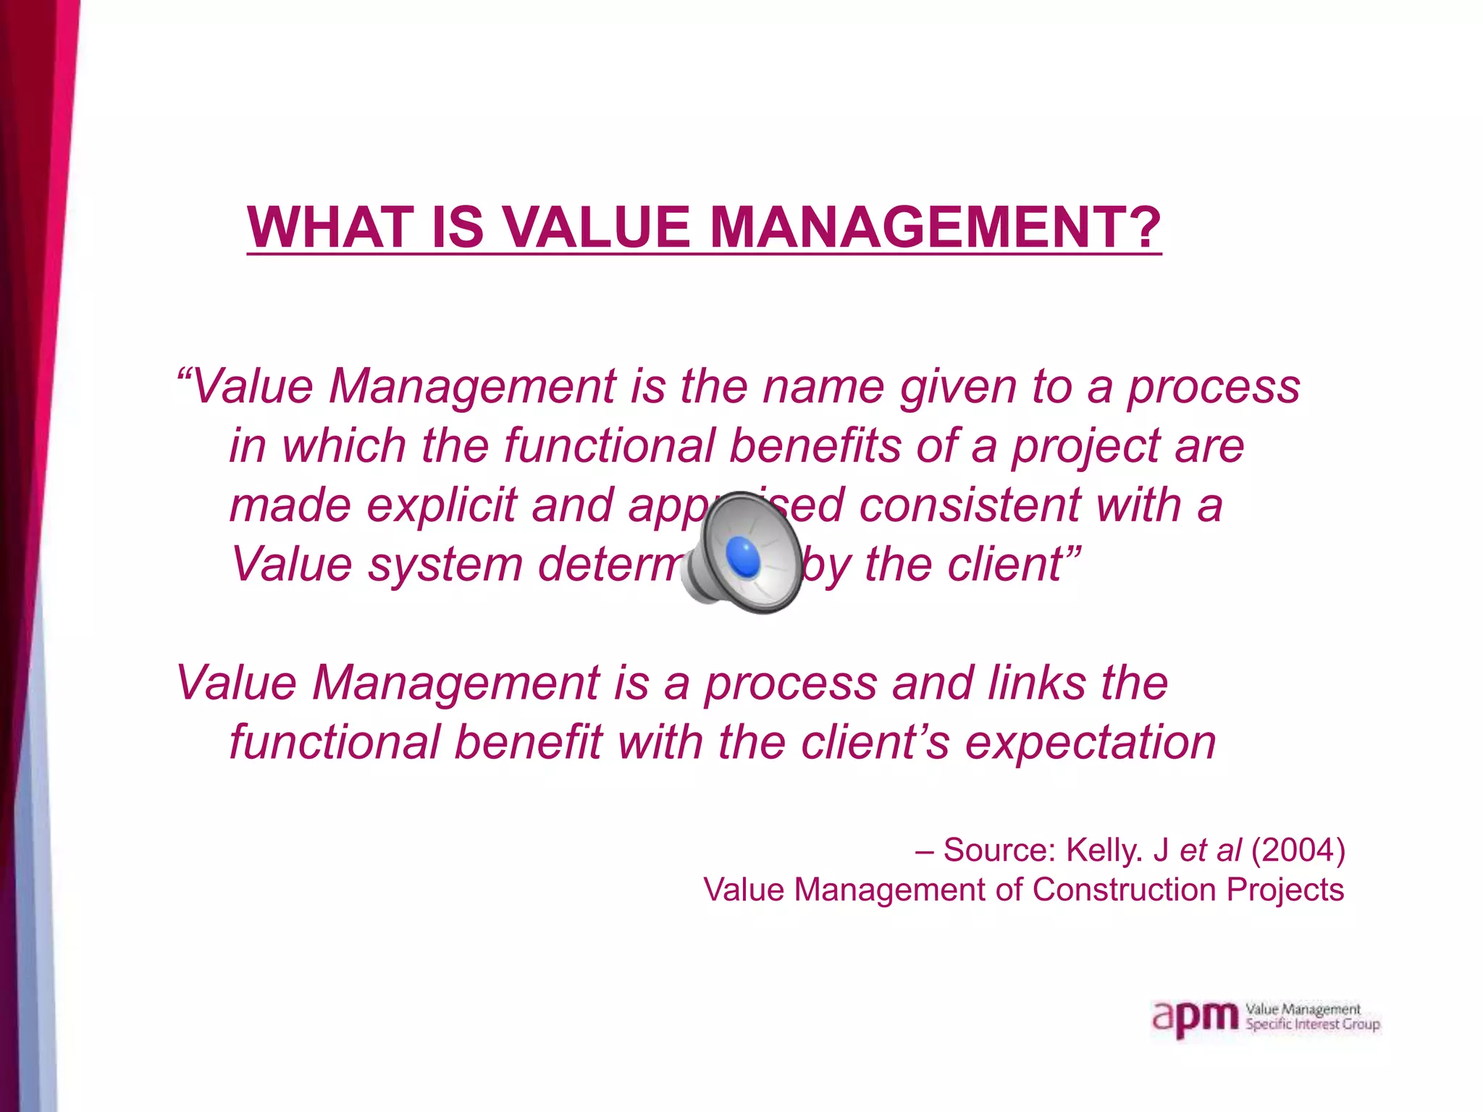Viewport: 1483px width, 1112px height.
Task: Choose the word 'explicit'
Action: (442, 505)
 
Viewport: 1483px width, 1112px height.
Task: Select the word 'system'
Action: (445, 565)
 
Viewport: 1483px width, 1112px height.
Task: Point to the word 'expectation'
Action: (1091, 744)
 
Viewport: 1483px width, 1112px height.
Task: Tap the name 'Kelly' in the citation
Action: (1104, 851)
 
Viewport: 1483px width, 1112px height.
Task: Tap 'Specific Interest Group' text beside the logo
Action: (1312, 1025)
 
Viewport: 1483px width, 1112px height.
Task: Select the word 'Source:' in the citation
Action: (1000, 851)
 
